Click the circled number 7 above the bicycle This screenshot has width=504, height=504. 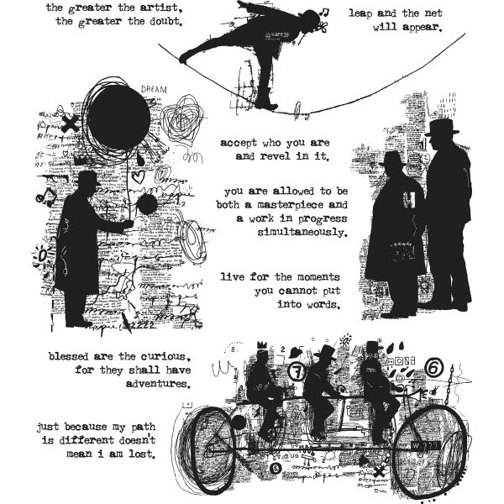point(295,370)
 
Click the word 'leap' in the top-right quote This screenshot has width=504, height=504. point(362,13)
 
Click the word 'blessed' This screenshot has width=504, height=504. point(47,355)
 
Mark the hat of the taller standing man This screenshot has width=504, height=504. point(440,128)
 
